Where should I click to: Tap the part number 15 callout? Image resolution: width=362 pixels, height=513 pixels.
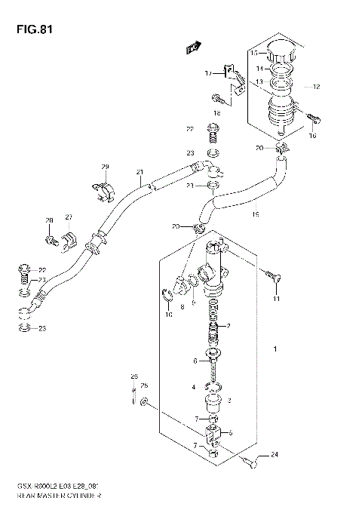click(254, 54)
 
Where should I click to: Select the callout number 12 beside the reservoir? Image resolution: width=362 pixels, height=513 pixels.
click(316, 88)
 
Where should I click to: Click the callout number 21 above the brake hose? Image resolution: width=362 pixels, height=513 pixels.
click(140, 173)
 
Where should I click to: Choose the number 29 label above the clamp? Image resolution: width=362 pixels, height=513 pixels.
click(106, 166)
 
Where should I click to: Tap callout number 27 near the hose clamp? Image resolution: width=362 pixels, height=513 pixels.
click(68, 217)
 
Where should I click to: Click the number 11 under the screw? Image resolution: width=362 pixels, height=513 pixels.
click(276, 301)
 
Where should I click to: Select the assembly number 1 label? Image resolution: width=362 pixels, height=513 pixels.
click(276, 350)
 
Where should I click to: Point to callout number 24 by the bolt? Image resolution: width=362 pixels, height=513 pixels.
click(274, 455)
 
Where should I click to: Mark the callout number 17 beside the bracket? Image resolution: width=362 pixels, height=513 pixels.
click(208, 74)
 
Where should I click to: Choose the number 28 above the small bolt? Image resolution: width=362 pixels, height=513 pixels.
click(49, 222)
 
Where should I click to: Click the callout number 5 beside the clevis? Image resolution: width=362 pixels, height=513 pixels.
click(229, 432)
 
